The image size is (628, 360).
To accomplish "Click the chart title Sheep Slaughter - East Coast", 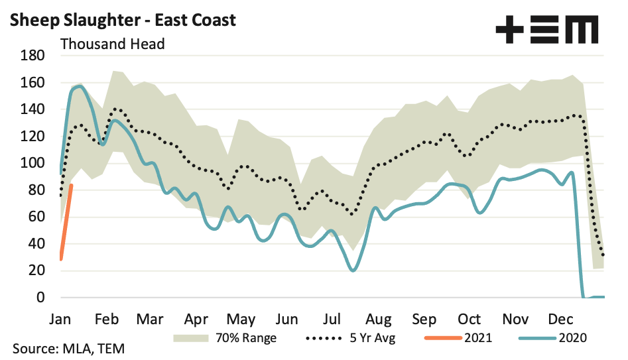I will click(x=123, y=20).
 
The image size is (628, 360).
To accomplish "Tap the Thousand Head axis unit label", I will click(x=112, y=44).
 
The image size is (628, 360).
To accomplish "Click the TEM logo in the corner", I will click(x=547, y=30).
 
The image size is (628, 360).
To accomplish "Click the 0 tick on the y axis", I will click(x=40, y=298).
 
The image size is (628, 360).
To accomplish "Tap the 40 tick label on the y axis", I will click(x=36, y=244).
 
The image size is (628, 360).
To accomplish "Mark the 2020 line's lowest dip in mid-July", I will click(x=353, y=270).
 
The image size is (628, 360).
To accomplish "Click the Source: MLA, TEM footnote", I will click(x=68, y=349).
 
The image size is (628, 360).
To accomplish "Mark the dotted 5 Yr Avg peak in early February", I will click(x=117, y=109).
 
